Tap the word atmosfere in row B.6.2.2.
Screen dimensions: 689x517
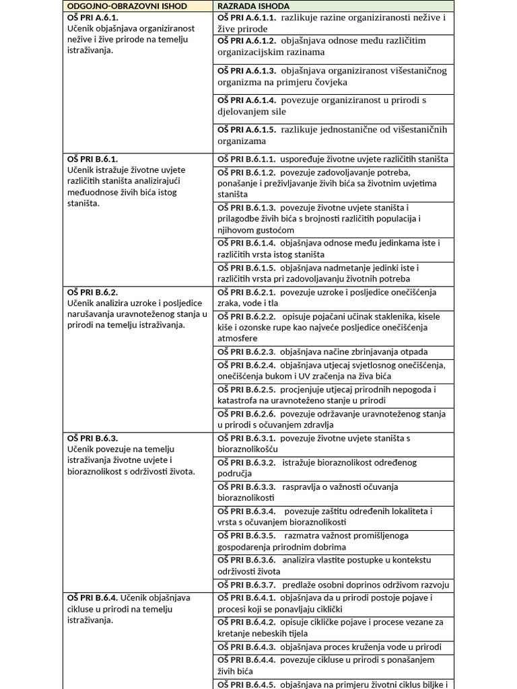[x=238, y=338]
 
